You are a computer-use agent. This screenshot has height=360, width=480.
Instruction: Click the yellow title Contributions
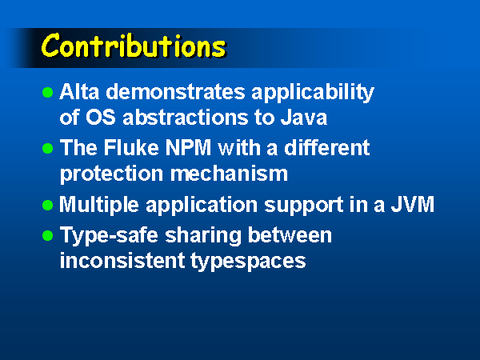pos(134,46)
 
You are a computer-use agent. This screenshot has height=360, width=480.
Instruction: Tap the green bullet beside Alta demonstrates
pos(48,93)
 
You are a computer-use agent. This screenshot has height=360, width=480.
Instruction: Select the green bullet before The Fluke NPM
pos(48,149)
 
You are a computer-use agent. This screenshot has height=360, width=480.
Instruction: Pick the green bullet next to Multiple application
pos(48,205)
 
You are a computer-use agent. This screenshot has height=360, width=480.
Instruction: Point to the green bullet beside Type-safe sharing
pos(48,235)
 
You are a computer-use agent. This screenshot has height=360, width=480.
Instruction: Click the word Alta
pos(79,91)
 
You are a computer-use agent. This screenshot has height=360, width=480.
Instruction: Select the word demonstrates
pos(175,91)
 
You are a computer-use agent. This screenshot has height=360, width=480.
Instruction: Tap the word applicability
pos(313,93)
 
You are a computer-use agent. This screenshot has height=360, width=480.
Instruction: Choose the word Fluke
pos(131,147)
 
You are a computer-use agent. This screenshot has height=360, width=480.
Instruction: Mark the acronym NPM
pos(188,147)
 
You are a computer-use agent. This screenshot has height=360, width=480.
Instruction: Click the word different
pos(327,147)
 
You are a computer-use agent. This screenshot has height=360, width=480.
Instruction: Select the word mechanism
pos(229,174)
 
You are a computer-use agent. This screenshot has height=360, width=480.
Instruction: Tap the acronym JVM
pos(413,204)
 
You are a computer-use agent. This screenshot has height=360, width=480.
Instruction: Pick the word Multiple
pos(99,206)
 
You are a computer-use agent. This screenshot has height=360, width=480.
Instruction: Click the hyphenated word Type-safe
pos(109,236)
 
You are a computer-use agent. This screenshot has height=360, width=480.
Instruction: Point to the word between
pos(290,234)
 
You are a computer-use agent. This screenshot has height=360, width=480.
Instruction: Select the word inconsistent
pos(122,260)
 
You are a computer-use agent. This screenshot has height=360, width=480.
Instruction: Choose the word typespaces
pos(248,262)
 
